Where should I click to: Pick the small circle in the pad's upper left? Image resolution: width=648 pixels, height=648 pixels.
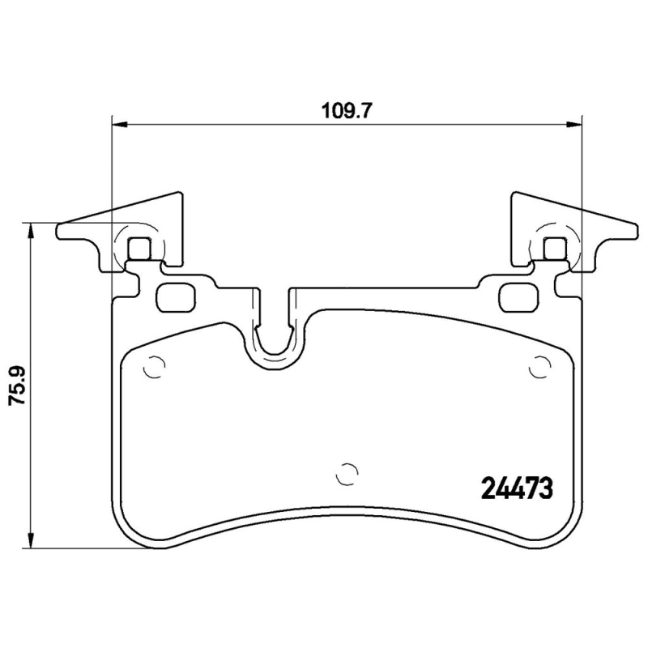(151, 369)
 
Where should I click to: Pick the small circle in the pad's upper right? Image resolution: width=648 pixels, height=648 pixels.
(538, 369)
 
